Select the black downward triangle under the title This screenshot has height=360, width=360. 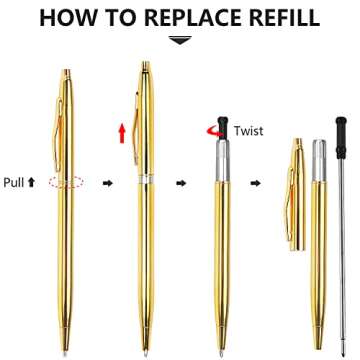tap(180, 41)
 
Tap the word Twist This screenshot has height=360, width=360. tap(249, 130)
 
